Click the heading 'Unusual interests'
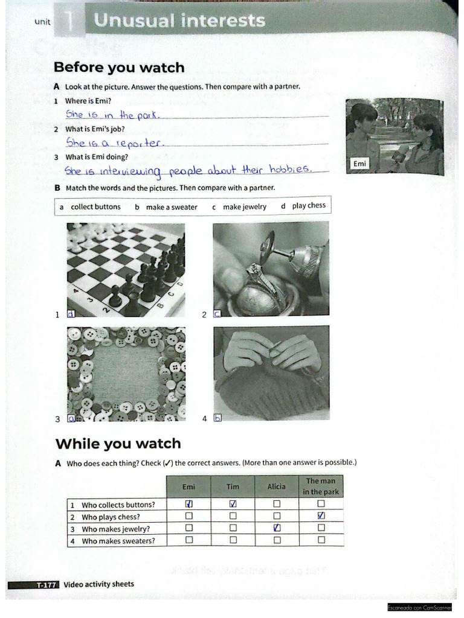click(179, 21)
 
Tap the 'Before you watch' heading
click(119, 68)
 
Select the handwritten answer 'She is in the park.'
click(113, 115)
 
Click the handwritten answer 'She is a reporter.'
click(115, 143)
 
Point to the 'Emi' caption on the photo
click(359, 164)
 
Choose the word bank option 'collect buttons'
click(95, 207)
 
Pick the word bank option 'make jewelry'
click(244, 207)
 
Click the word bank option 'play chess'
click(308, 206)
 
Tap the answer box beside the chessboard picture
click(71, 314)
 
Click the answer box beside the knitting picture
click(218, 418)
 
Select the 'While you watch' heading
click(118, 444)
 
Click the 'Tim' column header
click(233, 486)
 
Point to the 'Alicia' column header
click(276, 486)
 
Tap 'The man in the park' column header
click(321, 486)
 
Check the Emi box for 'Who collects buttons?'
click(189, 504)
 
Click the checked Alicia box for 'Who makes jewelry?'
click(277, 528)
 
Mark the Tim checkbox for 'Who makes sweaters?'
click(233, 540)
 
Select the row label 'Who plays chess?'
click(111, 517)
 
